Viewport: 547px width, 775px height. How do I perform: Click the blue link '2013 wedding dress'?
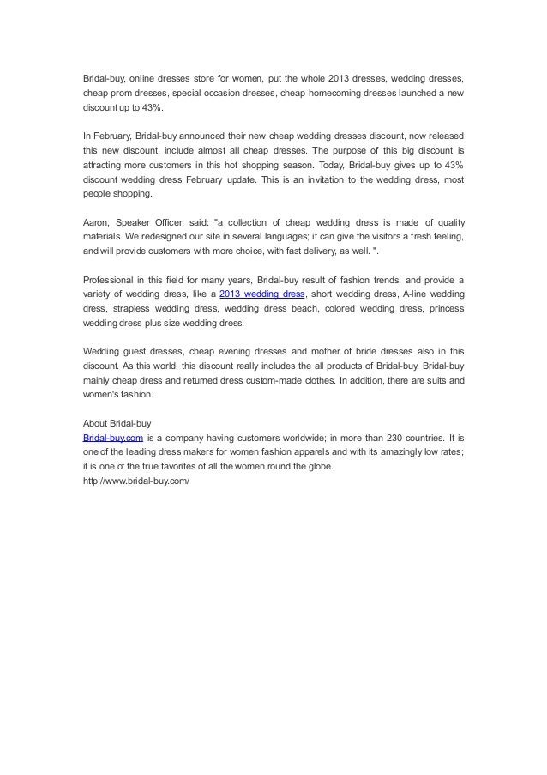coord(262,294)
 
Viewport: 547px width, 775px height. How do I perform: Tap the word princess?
coord(445,309)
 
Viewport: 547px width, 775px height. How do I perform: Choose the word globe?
coord(314,467)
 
